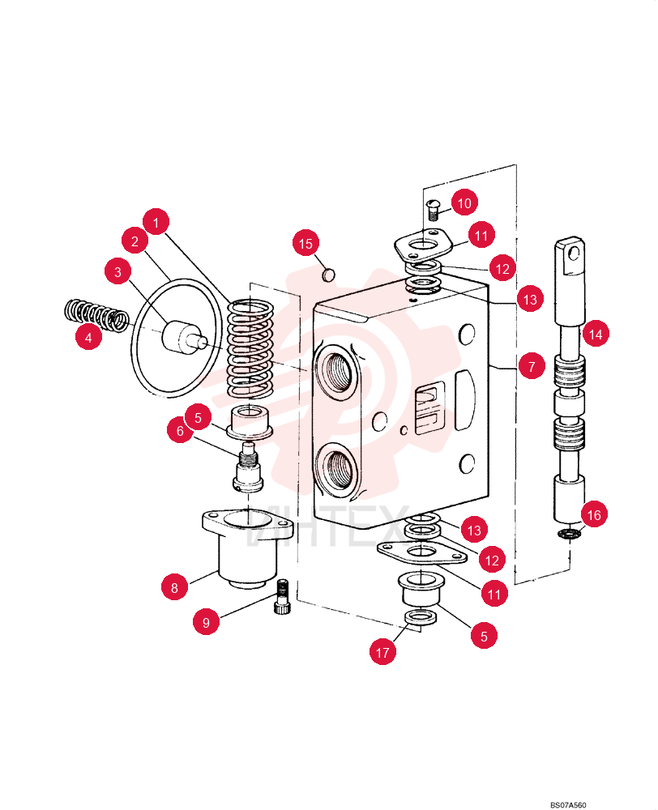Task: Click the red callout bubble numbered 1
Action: [156, 223]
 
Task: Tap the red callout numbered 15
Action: [305, 243]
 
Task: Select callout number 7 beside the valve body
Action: [532, 367]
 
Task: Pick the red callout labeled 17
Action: [382, 652]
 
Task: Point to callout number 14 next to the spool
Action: [596, 335]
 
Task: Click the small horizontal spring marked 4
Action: [96, 314]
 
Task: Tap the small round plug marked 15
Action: [328, 275]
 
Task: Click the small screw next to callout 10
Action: [433, 209]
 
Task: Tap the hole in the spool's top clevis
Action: [573, 254]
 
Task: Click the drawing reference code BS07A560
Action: [567, 805]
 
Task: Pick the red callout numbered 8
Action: [174, 588]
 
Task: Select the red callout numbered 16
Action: [594, 514]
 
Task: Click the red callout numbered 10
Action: [464, 202]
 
